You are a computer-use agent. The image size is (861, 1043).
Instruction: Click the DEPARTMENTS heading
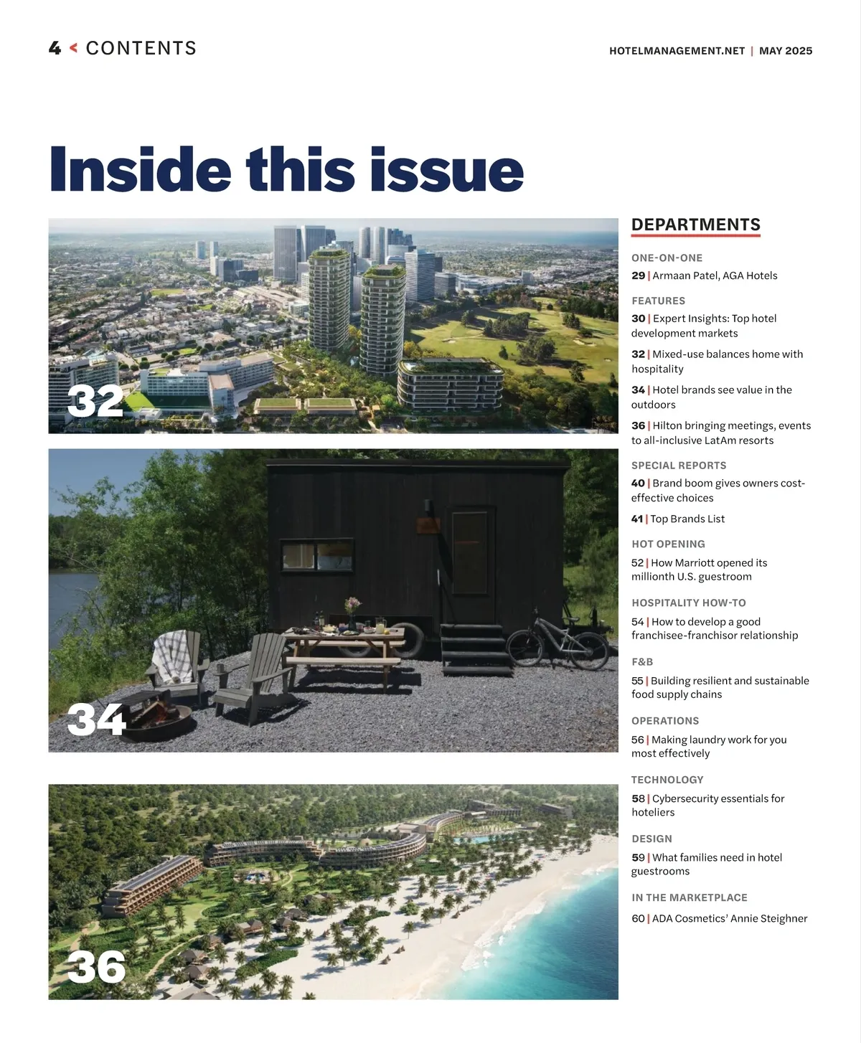[695, 225]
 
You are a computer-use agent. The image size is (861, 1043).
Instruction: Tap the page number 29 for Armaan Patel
[638, 275]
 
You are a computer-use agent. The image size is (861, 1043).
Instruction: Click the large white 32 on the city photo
[95, 401]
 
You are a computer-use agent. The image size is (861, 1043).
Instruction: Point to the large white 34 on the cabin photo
[96, 719]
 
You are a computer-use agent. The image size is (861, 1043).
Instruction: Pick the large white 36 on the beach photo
[97, 967]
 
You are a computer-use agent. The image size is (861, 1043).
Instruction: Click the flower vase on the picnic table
[352, 613]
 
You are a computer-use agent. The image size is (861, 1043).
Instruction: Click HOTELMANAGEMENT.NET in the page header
[677, 51]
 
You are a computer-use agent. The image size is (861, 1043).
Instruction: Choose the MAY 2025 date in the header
[786, 51]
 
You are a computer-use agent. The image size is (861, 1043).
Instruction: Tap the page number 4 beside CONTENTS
[55, 49]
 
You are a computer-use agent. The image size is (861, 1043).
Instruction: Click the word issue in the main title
[446, 171]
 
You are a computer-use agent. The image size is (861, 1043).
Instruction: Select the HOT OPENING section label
[668, 544]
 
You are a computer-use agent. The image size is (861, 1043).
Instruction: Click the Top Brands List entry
[687, 519]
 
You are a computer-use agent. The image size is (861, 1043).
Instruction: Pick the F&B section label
[642, 661]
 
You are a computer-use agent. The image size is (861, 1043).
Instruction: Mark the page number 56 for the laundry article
[637, 740]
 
